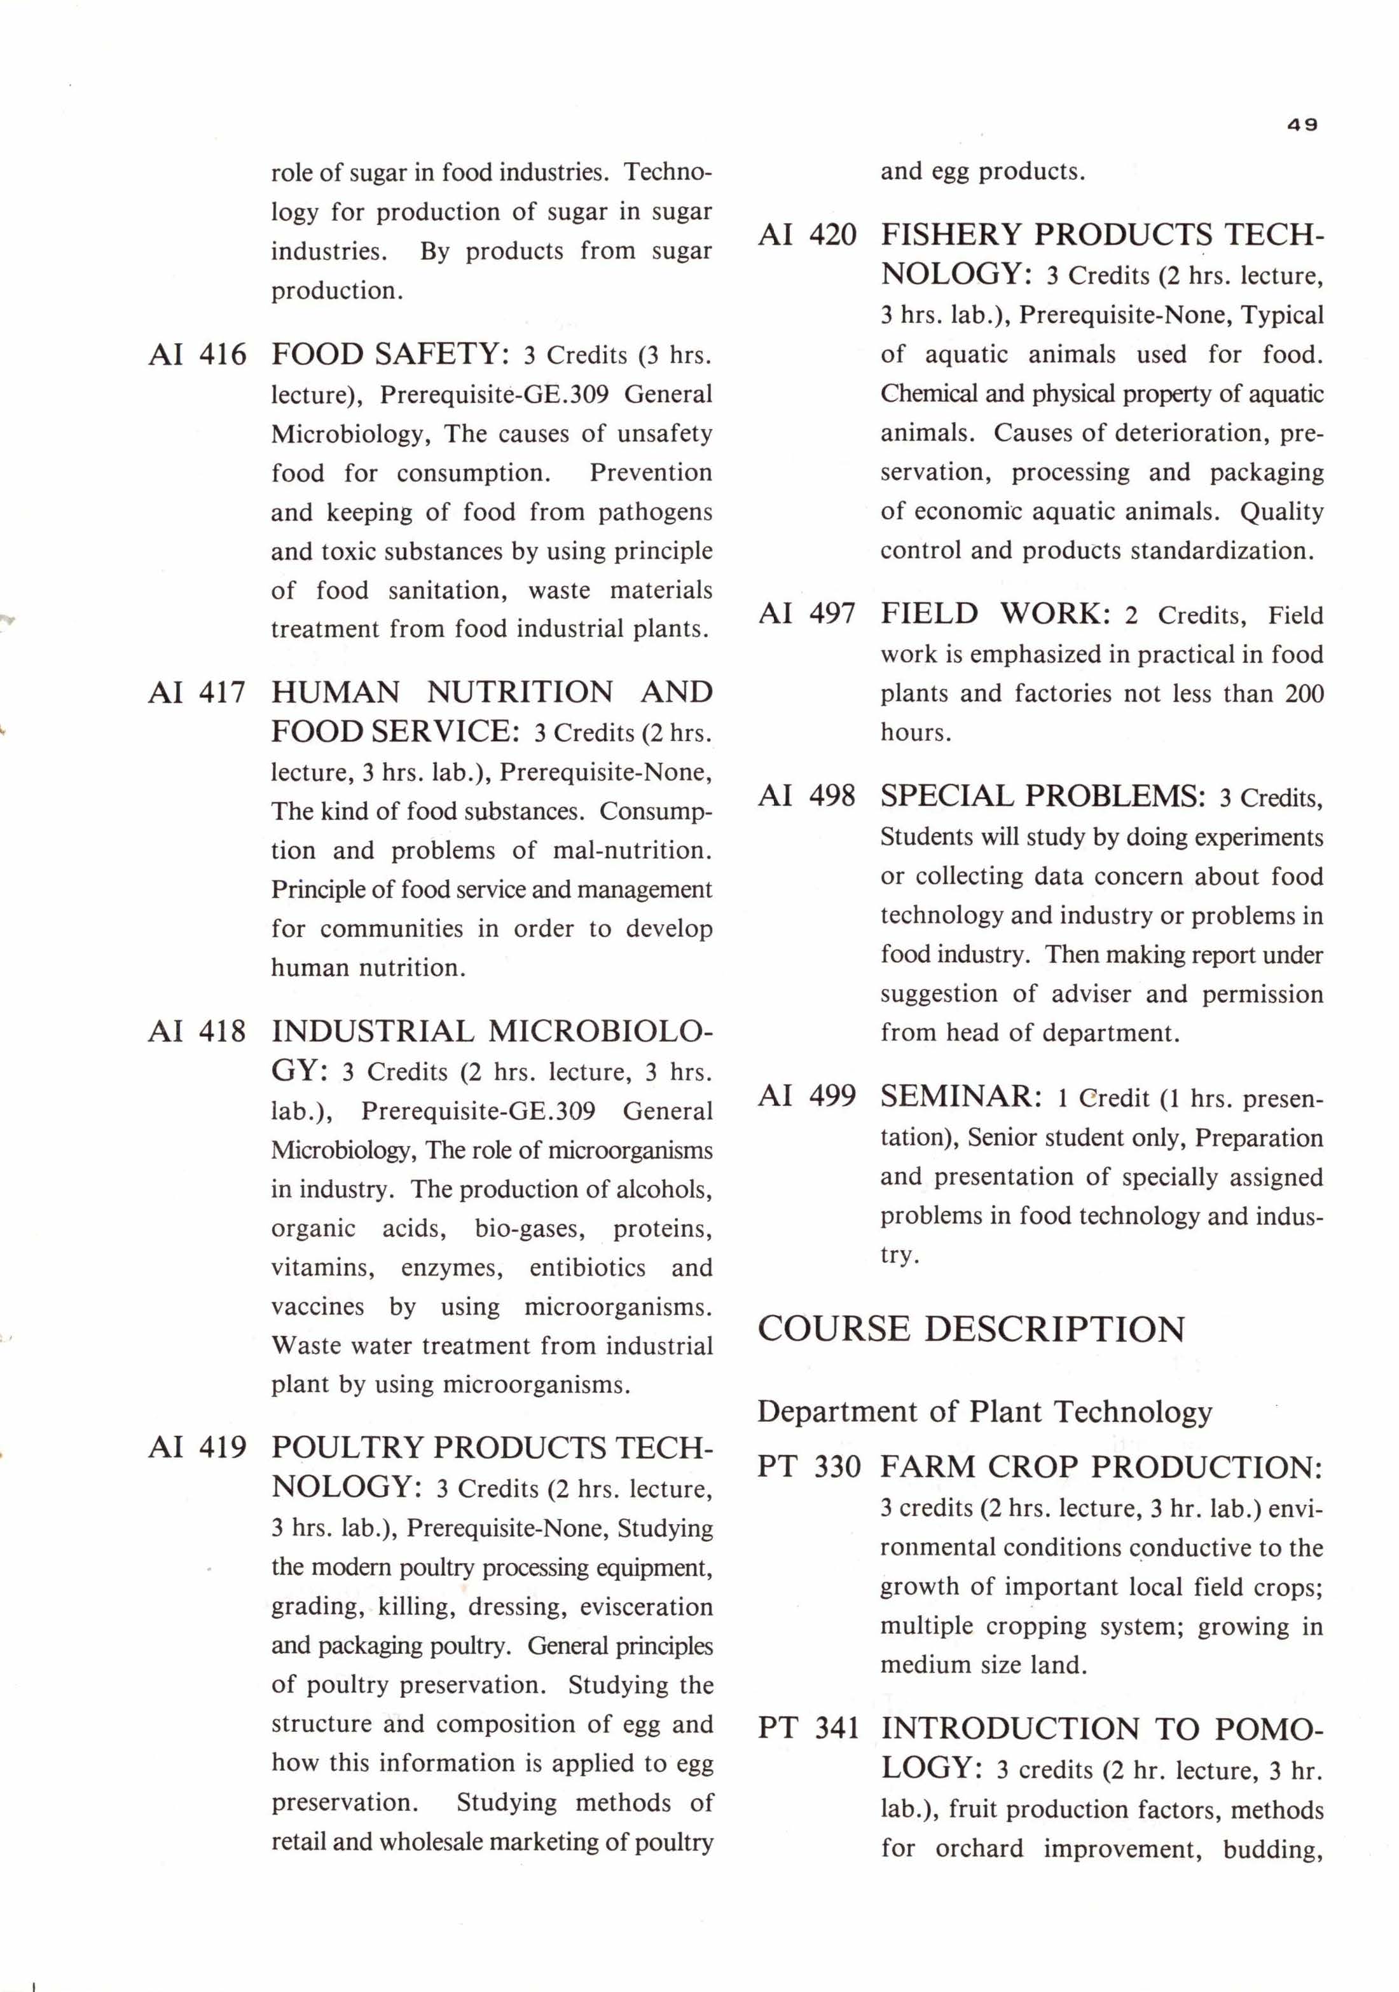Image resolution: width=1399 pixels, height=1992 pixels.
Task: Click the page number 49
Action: tap(1302, 125)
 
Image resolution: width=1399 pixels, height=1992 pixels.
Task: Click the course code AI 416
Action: tap(197, 355)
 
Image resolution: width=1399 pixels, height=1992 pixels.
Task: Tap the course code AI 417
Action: tap(197, 692)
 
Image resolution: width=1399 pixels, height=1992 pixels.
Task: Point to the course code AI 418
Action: tap(197, 1032)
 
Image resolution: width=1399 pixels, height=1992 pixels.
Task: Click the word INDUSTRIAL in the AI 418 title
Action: tap(373, 1032)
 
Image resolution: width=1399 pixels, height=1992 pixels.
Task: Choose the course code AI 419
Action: tap(197, 1448)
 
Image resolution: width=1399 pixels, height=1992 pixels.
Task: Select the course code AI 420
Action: tap(807, 235)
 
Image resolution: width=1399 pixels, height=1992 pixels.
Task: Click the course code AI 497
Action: tap(807, 614)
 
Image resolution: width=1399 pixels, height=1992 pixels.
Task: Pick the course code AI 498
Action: tap(807, 796)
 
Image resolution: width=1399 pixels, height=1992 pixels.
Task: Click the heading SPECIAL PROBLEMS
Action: tap(1042, 796)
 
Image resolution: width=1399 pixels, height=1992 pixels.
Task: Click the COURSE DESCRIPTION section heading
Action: tap(971, 1329)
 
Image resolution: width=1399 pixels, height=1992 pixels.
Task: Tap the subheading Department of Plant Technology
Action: tap(984, 1412)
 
